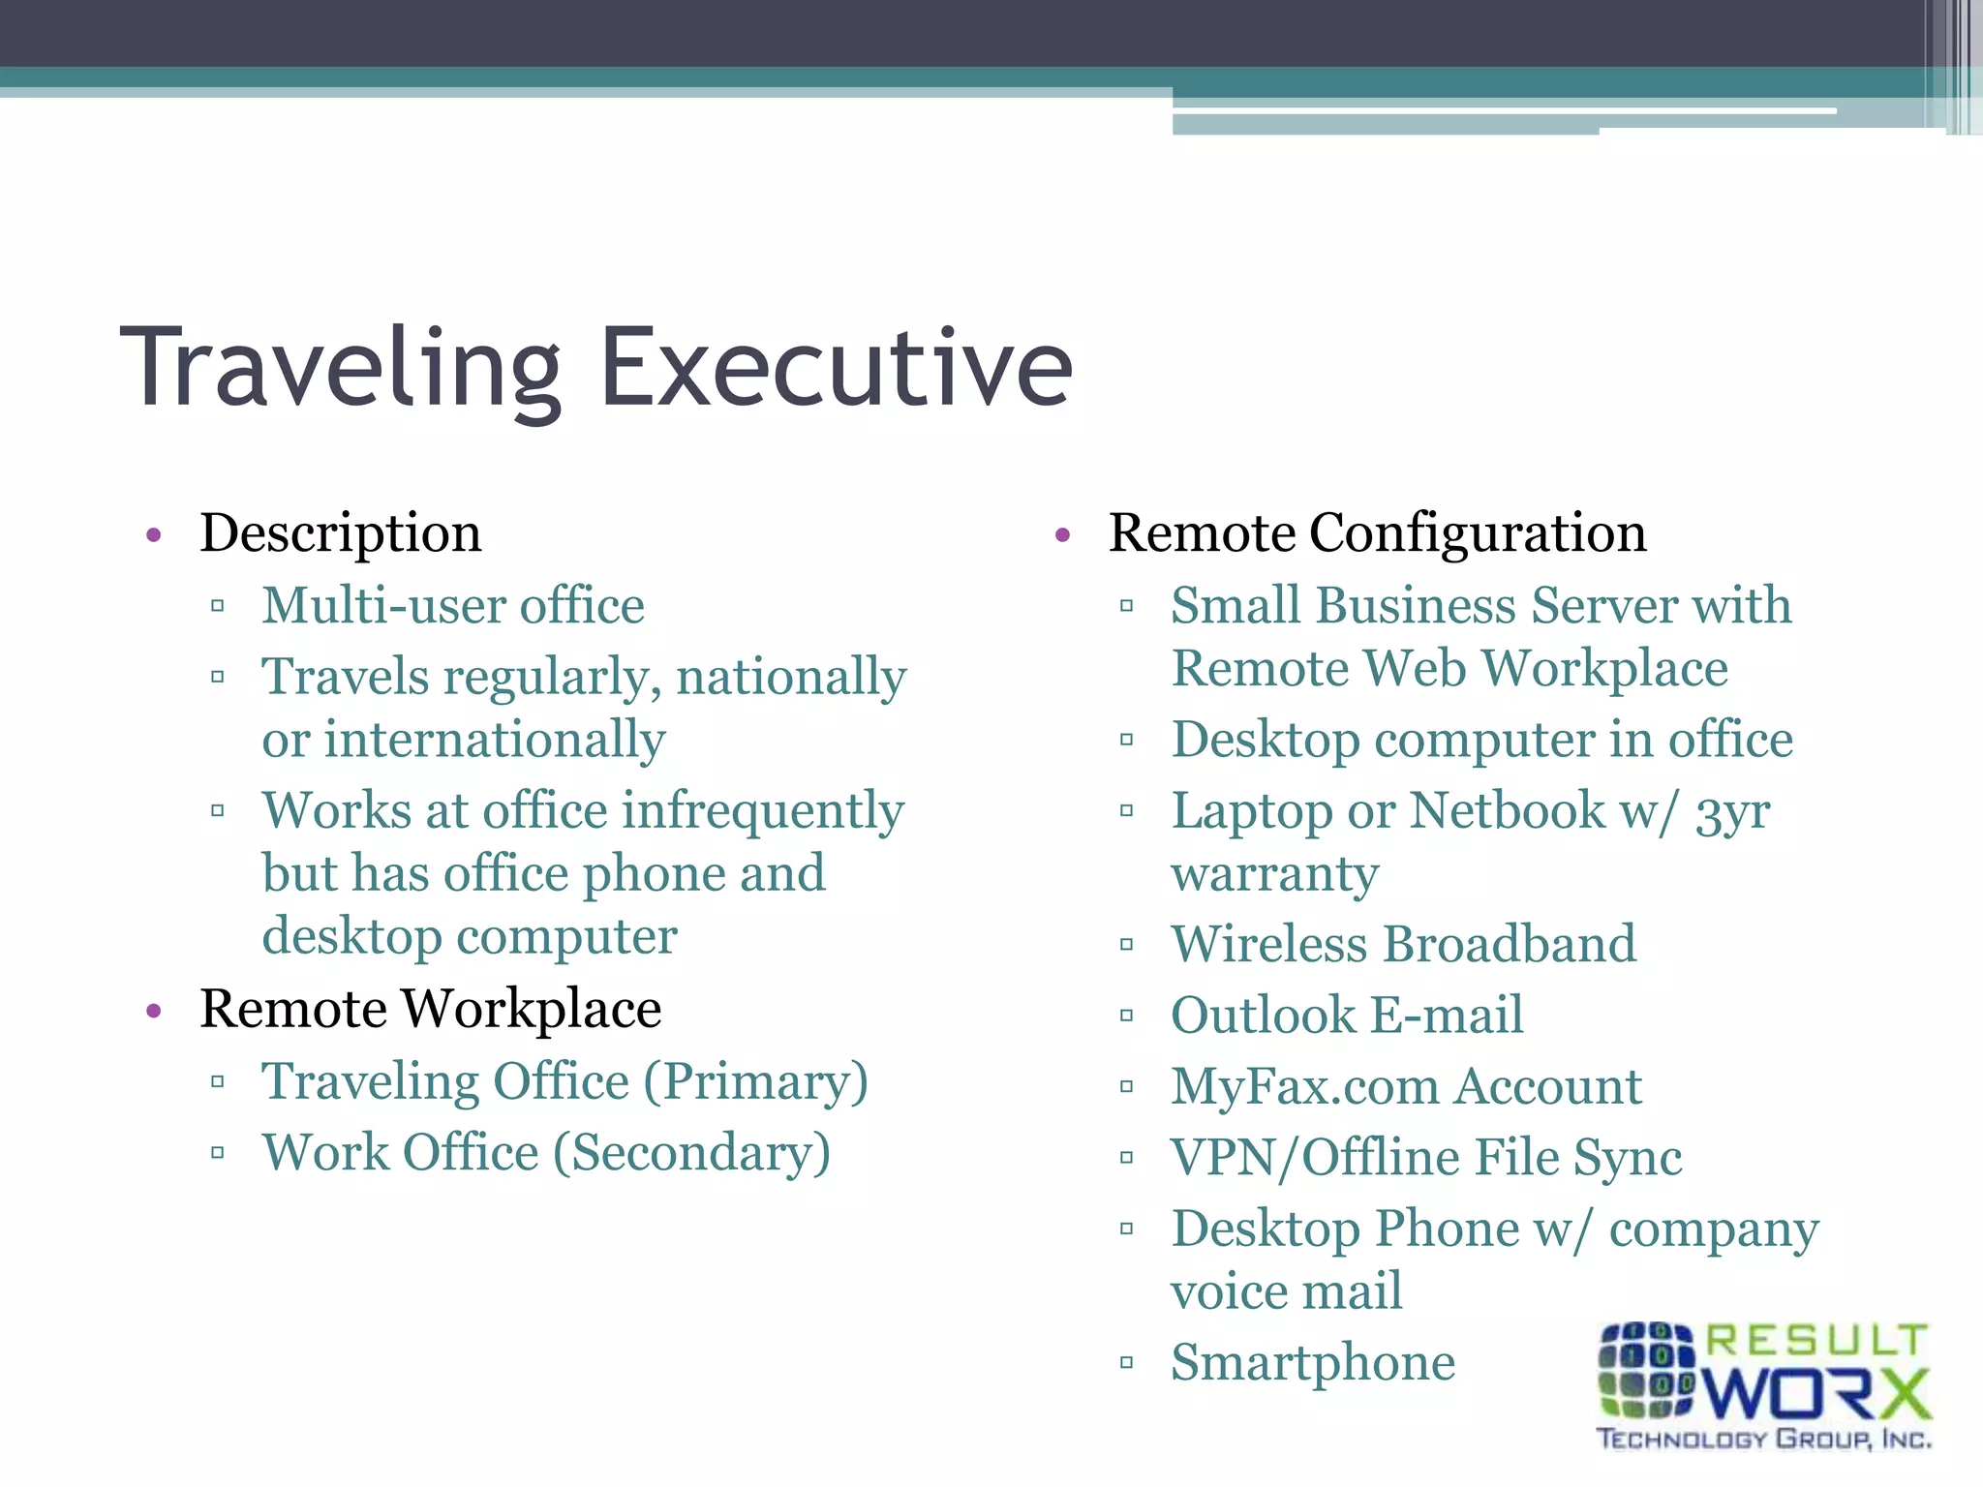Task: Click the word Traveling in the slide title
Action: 340,369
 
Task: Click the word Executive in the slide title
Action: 837,369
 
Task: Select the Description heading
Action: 340,533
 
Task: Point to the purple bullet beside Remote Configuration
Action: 1062,534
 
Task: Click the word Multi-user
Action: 383,606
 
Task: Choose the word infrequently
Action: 762,811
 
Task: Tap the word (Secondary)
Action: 691,1153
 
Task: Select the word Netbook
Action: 1507,811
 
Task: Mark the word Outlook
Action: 1263,1016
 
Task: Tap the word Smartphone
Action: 1313,1363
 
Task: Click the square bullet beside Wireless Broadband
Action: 1126,945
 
